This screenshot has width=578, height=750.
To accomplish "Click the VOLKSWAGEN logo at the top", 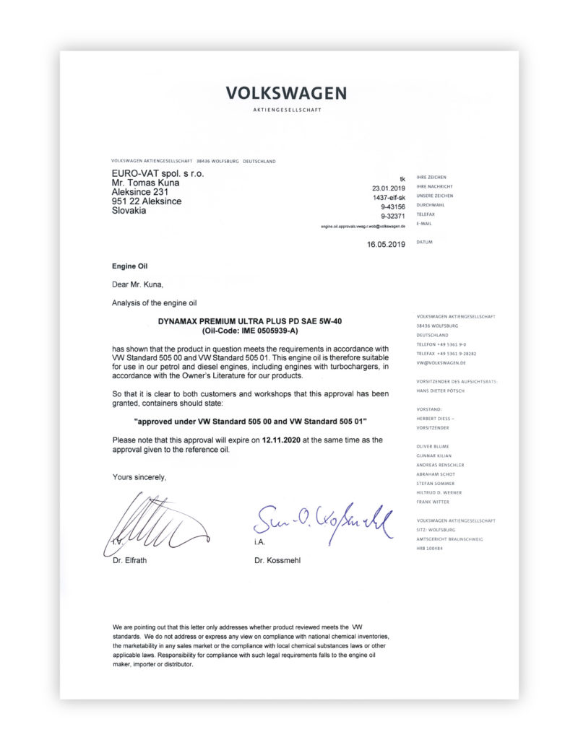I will (286, 93).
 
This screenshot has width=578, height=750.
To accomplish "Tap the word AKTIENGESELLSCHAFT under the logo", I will (286, 110).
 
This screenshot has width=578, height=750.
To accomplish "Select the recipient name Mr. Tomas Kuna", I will (145, 183).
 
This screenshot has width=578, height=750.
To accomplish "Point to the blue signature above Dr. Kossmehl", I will (322, 519).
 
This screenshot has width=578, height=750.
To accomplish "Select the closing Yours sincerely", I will (139, 477).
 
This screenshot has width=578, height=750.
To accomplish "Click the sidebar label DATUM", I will (424, 242).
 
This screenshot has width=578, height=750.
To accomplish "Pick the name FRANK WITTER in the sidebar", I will (433, 501).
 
